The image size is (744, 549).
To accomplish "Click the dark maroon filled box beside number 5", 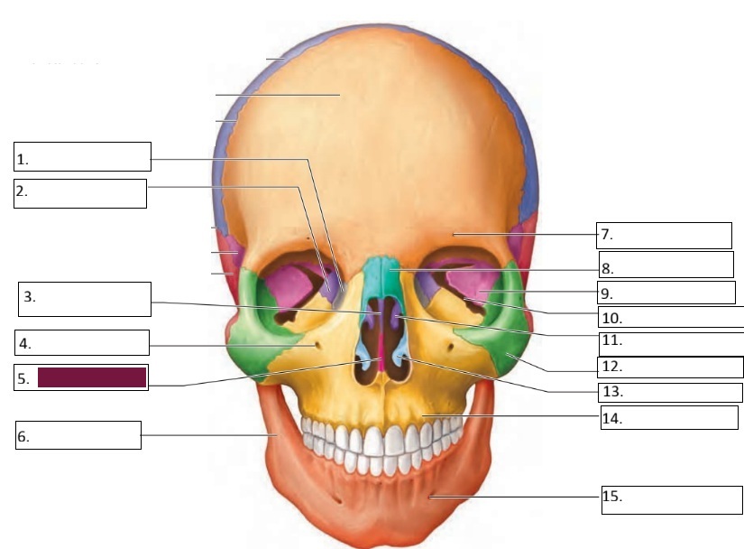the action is click(92, 377).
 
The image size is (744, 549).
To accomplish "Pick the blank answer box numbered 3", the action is click(85, 299).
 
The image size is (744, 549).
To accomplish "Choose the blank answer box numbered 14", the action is click(669, 417).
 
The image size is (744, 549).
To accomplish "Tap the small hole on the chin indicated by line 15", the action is click(431, 496).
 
